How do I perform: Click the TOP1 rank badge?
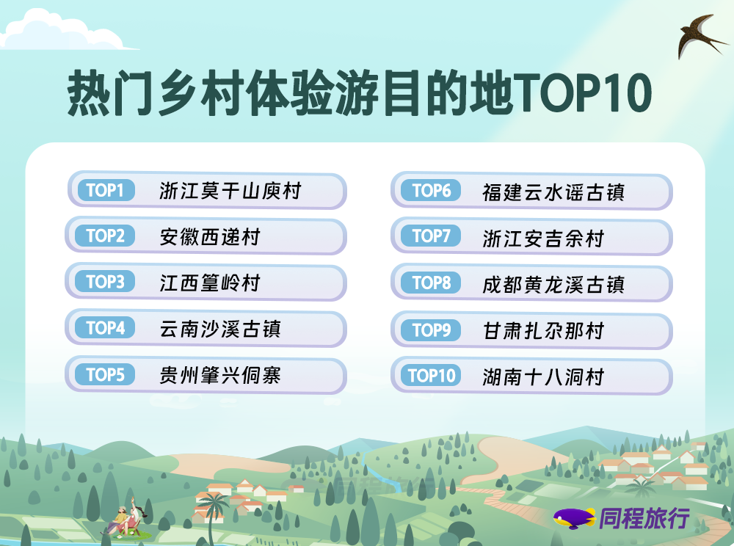tap(106, 190)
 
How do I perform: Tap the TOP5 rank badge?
tap(105, 374)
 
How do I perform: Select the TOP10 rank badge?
tap(431, 375)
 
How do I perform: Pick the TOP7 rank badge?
tap(431, 236)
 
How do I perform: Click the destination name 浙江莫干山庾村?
tap(230, 191)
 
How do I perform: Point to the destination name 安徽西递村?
tap(210, 237)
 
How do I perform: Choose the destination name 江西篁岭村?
tap(210, 283)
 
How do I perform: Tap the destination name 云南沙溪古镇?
tap(220, 329)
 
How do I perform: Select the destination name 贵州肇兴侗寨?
tap(220, 375)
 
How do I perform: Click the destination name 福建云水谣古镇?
tap(553, 192)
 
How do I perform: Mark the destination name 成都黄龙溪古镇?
tap(553, 285)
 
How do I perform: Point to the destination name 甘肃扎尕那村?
tap(543, 331)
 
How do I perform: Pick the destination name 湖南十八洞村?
tap(543, 376)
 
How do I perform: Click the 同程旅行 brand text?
tap(644, 518)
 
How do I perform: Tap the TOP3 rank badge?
tap(105, 282)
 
